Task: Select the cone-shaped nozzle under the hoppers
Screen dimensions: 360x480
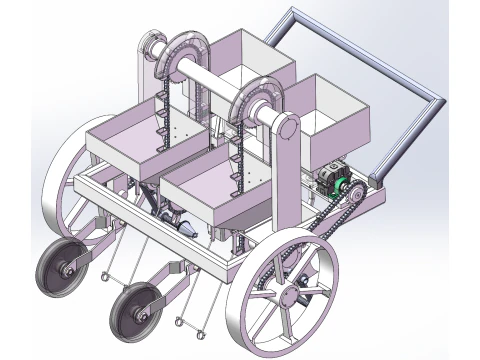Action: click(x=184, y=228)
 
